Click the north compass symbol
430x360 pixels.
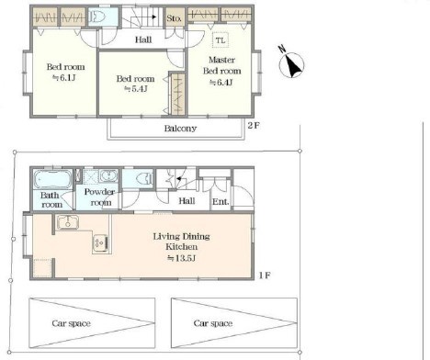click(x=291, y=62)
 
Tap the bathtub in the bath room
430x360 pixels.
click(x=52, y=179)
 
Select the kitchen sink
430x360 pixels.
click(x=67, y=222)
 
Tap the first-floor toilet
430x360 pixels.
click(x=144, y=179)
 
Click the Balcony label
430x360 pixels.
click(x=180, y=129)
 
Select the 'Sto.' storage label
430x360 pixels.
click(x=174, y=18)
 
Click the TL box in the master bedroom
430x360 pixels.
click(x=221, y=40)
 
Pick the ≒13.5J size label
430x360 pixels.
click(x=181, y=258)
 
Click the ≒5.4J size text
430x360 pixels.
click(x=135, y=89)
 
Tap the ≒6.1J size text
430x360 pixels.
click(x=64, y=78)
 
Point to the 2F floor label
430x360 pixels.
click(x=254, y=126)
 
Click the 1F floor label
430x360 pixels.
click(x=265, y=276)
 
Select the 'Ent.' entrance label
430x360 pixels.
click(x=221, y=202)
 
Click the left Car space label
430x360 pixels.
click(x=71, y=323)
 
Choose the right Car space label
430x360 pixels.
click(x=213, y=323)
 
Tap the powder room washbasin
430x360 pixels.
click(x=108, y=176)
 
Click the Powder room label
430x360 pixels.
click(x=99, y=197)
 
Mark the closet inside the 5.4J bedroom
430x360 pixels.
click(x=177, y=94)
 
